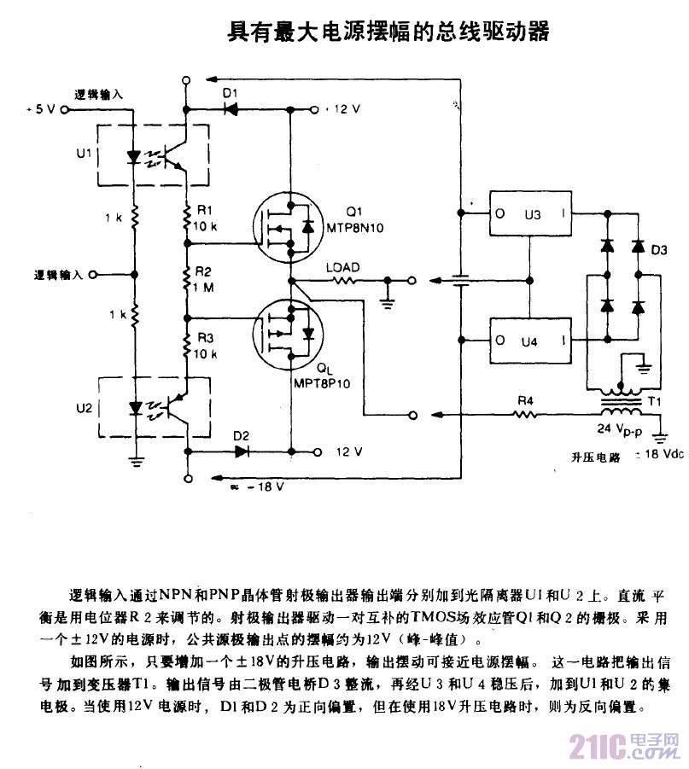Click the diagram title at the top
click(x=387, y=32)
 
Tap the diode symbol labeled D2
click(x=242, y=451)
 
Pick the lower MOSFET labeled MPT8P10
click(x=290, y=330)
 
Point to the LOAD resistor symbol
click(x=342, y=279)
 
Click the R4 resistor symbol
click(x=525, y=416)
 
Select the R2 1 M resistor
click(x=186, y=277)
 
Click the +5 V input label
click(x=40, y=109)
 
